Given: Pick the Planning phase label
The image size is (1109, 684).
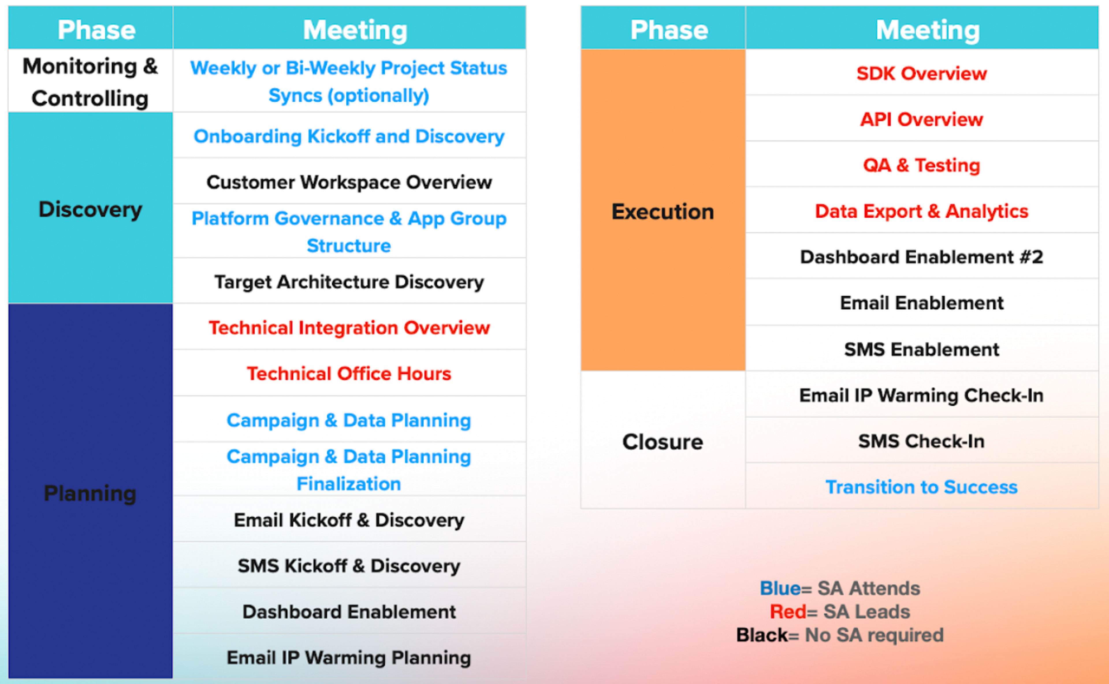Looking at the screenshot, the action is [90, 493].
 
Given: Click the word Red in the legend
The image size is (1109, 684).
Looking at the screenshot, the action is [788, 611].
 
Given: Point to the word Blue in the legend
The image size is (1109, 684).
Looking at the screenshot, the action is [780, 588].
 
